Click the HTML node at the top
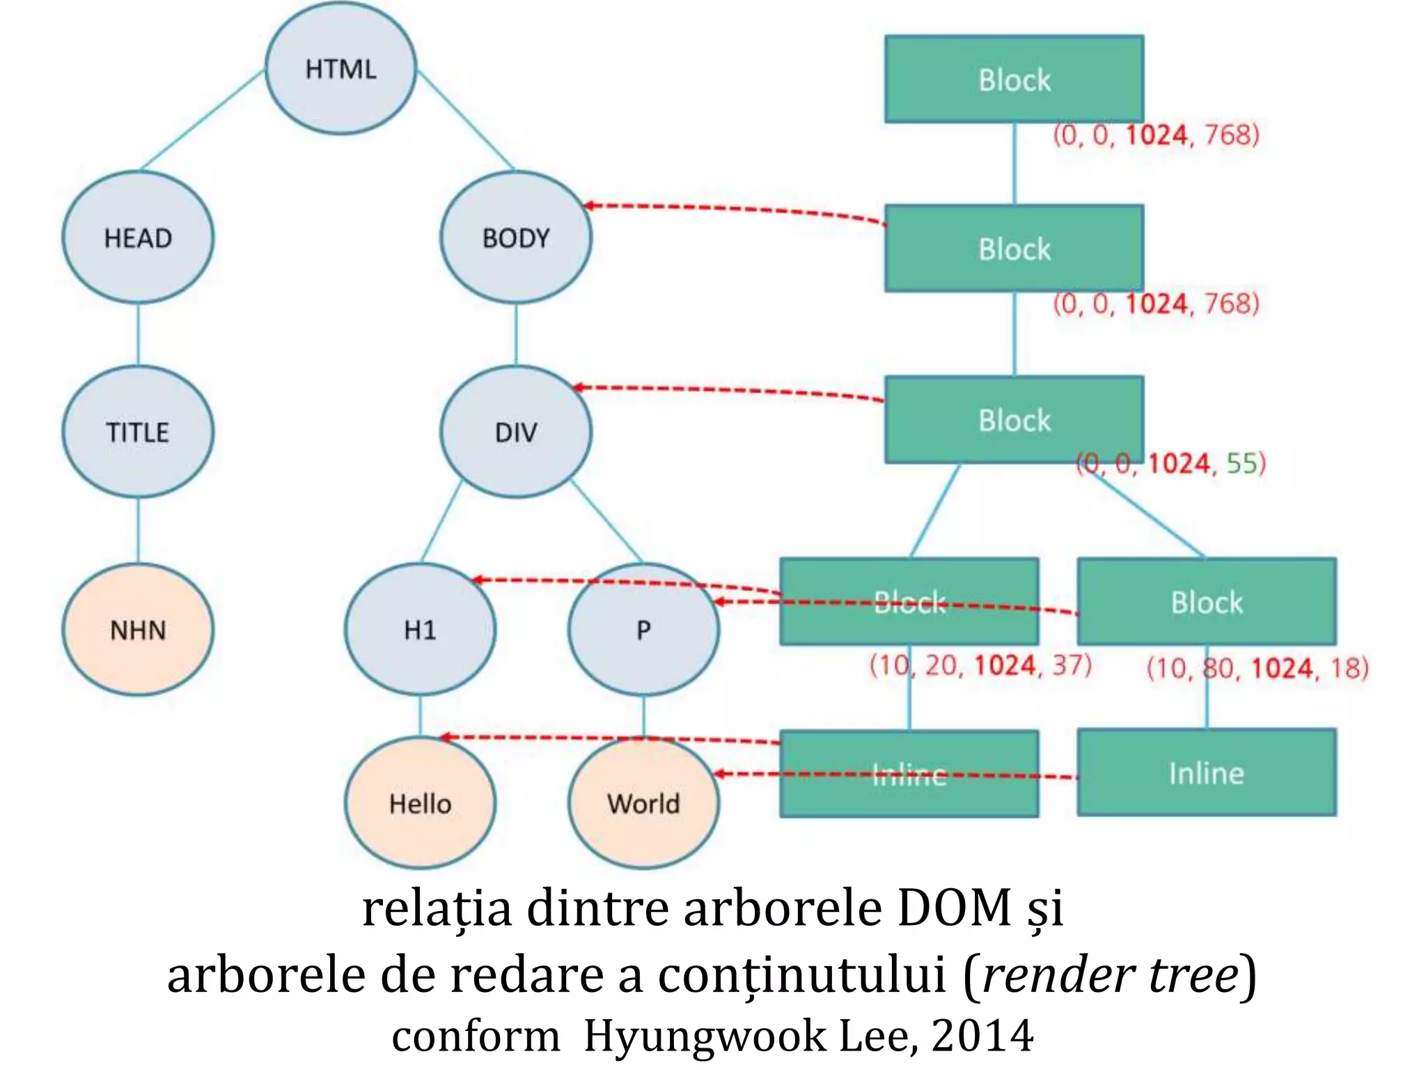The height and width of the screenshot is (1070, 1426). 340,68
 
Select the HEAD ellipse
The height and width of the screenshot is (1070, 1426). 138,238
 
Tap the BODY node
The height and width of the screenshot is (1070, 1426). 516,238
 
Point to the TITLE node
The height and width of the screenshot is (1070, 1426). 138,432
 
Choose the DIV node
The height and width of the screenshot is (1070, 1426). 516,432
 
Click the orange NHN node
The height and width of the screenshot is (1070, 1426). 138,630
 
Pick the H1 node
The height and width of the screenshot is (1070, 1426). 420,630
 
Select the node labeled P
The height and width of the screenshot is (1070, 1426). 643,630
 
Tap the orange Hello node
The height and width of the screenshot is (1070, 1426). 420,803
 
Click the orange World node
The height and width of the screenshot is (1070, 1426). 643,803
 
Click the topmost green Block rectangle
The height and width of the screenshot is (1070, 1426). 1014,79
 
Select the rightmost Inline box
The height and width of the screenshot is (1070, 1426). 1206,773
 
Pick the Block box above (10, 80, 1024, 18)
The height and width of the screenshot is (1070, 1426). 1206,602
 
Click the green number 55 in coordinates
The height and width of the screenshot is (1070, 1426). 1241,464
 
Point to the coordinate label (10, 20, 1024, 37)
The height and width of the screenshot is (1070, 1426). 980,665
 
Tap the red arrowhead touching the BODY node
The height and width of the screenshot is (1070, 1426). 589,206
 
